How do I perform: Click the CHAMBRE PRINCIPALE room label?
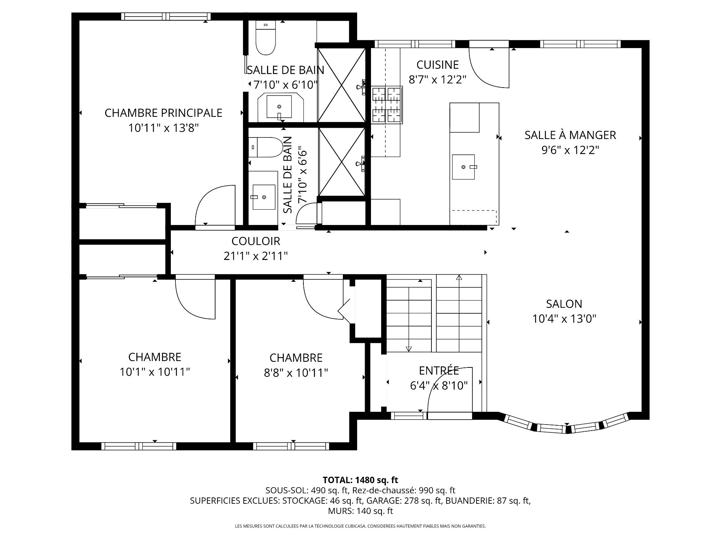click(163, 113)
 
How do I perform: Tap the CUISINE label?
click(438, 65)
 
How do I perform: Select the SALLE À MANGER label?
click(570, 135)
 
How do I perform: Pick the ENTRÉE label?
click(439, 370)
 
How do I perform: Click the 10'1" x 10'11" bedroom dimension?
click(155, 372)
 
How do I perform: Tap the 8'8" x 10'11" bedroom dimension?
click(296, 373)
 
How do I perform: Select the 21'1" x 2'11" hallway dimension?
click(256, 256)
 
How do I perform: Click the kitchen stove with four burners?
click(387, 105)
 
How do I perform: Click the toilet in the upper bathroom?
click(265, 38)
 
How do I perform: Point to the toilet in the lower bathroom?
click(265, 147)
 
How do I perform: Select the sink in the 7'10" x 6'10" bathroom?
click(279, 107)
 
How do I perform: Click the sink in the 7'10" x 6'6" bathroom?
click(264, 197)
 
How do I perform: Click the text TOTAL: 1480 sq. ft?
click(360, 480)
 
